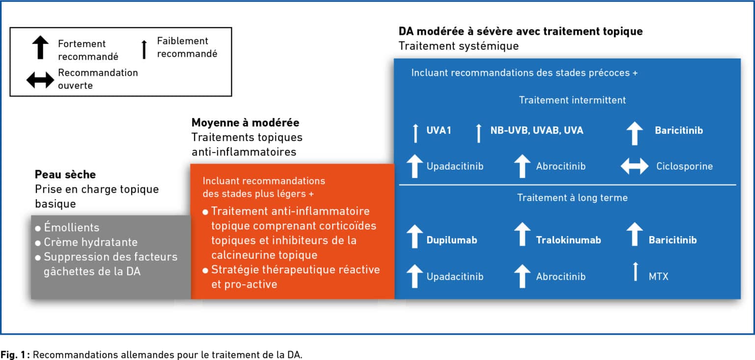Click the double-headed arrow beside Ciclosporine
[635, 166]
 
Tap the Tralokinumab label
[568, 240]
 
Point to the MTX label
[659, 276]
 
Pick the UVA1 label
[438, 131]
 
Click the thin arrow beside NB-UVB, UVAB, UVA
[479, 133]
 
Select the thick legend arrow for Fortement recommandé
[41, 48]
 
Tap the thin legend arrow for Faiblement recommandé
[144, 49]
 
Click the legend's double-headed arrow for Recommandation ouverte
[40, 80]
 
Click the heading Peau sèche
[65, 175]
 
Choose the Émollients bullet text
[72, 228]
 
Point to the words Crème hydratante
[90, 242]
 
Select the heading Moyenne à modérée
[245, 122]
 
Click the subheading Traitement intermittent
[572, 100]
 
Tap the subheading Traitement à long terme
[572, 198]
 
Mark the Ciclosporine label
[684, 166]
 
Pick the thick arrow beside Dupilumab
[415, 236]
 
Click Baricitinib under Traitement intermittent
[678, 131]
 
